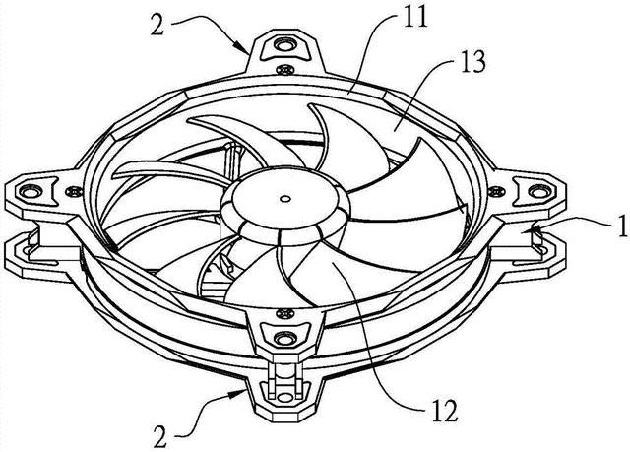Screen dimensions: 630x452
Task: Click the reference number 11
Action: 415,17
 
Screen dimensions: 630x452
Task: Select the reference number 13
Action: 472,62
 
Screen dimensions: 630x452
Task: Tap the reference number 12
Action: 444,411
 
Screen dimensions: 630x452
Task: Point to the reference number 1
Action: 623,226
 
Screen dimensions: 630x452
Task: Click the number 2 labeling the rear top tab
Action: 157,25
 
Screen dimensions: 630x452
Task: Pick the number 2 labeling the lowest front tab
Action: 159,437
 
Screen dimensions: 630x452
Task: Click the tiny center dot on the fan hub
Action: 284,199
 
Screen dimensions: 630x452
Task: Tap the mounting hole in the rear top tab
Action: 284,45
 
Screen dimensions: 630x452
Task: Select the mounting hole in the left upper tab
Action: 29,191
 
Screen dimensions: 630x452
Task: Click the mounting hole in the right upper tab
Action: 537,191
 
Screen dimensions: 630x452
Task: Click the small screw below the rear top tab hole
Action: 284,70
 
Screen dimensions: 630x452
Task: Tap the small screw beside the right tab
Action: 496,192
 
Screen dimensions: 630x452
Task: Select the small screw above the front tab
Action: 285,312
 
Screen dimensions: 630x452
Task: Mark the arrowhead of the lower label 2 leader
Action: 240,392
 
